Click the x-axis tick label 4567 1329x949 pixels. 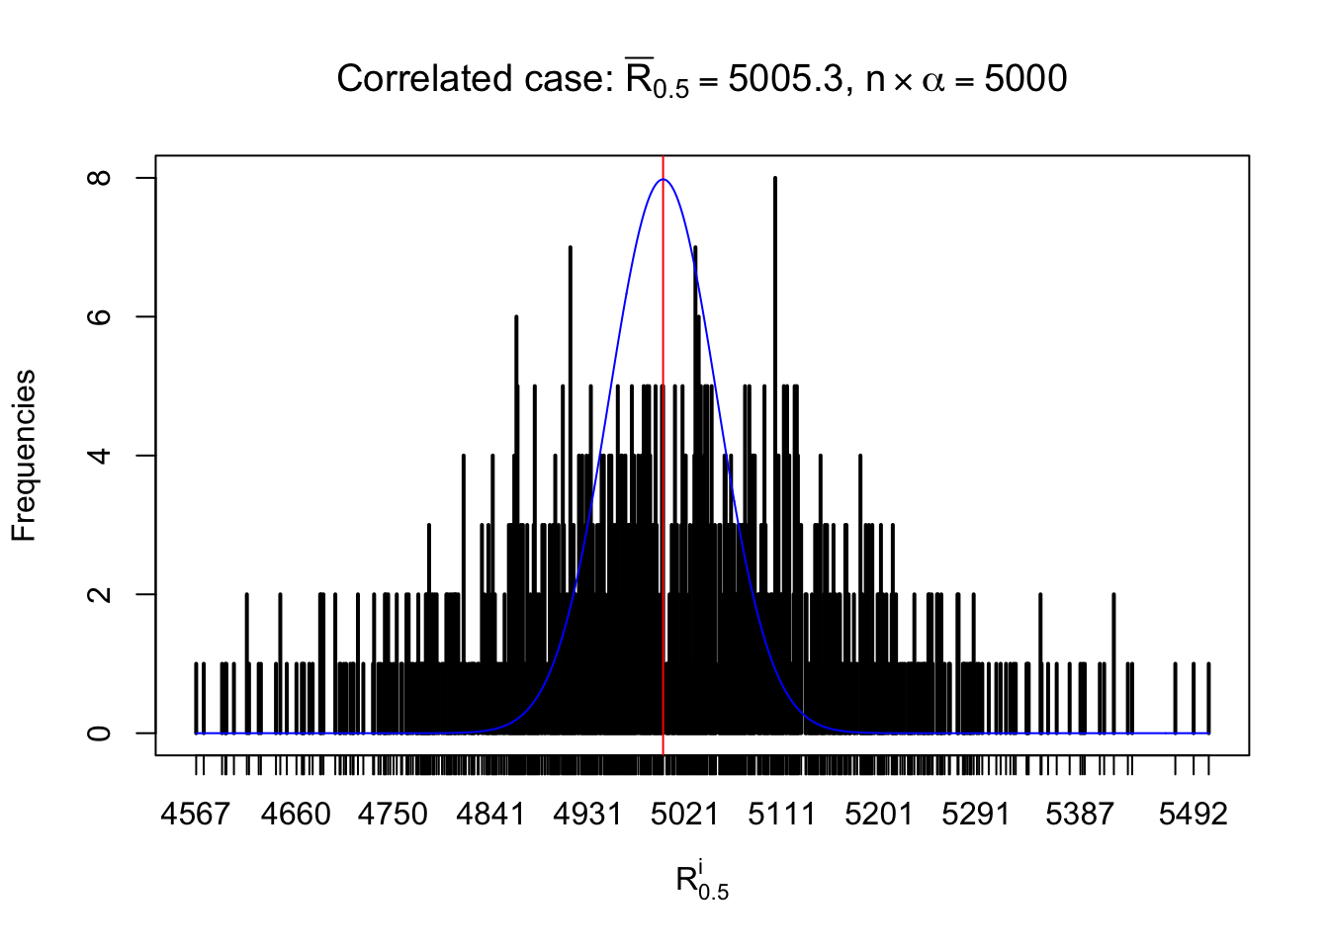pos(196,815)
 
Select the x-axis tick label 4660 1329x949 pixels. pos(296,815)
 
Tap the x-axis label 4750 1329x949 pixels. pos(393,815)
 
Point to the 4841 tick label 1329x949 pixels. pos(490,815)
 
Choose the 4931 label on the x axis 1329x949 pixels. pos(587,815)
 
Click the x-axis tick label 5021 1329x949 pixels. pos(684,815)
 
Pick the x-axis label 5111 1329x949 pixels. pos(781,815)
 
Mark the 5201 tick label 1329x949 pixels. pos(879,815)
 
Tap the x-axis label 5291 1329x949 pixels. pos(976,815)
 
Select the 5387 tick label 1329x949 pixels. pos(1080,815)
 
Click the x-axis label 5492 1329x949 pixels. pos(1193,815)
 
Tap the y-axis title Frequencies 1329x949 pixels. pos(24,456)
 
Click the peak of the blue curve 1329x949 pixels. pos(663,180)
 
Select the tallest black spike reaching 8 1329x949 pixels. pos(775,180)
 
